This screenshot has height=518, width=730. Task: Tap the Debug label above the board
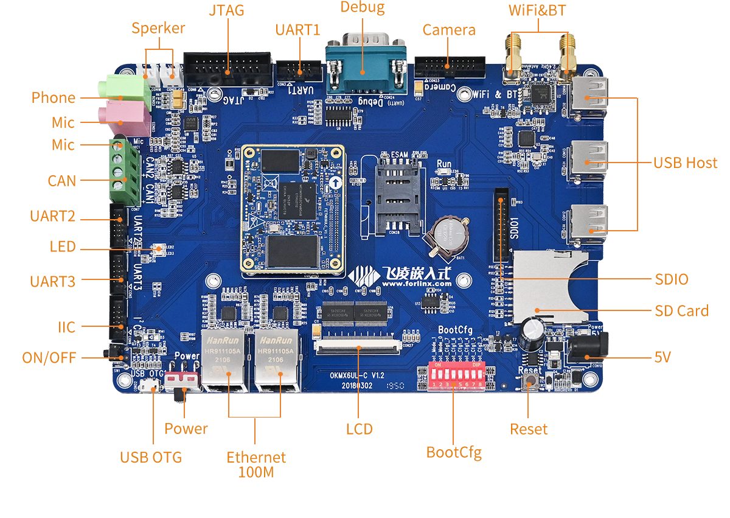pyautogui.click(x=362, y=8)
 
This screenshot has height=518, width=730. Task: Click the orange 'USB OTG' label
pyautogui.click(x=151, y=457)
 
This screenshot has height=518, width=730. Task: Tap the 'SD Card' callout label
pyautogui.click(x=681, y=311)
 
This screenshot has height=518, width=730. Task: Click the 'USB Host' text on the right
pyautogui.click(x=686, y=163)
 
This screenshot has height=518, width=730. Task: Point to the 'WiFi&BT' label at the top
pyautogui.click(x=538, y=10)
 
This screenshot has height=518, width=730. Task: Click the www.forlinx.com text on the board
pyautogui.click(x=417, y=283)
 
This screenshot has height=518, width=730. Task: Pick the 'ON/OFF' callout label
pyautogui.click(x=49, y=358)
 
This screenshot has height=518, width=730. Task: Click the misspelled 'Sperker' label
pyautogui.click(x=158, y=28)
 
